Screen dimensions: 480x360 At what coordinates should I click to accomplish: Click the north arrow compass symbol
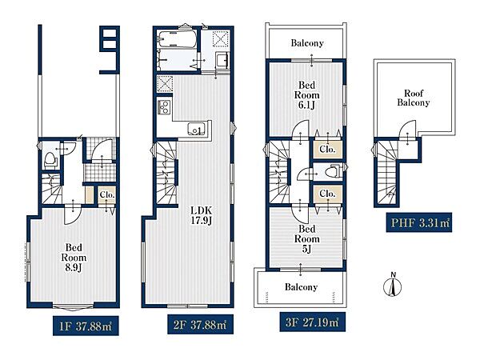(x=393, y=286)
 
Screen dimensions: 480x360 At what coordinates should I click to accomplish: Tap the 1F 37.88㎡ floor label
(x=86, y=326)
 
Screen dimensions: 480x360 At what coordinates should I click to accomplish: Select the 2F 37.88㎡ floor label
(x=200, y=324)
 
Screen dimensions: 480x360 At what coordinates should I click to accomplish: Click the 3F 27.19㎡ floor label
(x=312, y=322)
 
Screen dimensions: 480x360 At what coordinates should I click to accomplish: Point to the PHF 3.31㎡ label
(x=418, y=222)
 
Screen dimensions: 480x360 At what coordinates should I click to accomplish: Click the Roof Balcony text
(x=414, y=98)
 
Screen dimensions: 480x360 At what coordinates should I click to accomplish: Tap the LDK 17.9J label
(x=201, y=215)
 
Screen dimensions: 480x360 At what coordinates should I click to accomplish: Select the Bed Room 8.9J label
(x=74, y=258)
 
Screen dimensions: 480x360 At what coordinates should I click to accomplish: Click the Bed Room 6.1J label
(x=306, y=95)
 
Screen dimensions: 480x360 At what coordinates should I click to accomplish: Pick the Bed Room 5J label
(x=306, y=238)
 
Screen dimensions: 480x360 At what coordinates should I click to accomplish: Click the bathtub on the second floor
(x=177, y=39)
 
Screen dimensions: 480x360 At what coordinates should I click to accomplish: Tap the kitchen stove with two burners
(x=164, y=107)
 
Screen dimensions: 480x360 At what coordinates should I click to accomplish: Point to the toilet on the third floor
(x=333, y=171)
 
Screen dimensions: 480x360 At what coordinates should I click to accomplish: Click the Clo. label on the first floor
(x=107, y=194)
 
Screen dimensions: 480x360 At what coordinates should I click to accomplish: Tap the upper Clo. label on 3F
(x=327, y=149)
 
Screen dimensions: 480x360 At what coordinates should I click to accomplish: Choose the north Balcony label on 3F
(x=307, y=43)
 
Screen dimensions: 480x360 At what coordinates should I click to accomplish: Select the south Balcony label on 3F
(x=301, y=287)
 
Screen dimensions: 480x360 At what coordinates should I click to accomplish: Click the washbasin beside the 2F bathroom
(x=222, y=58)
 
